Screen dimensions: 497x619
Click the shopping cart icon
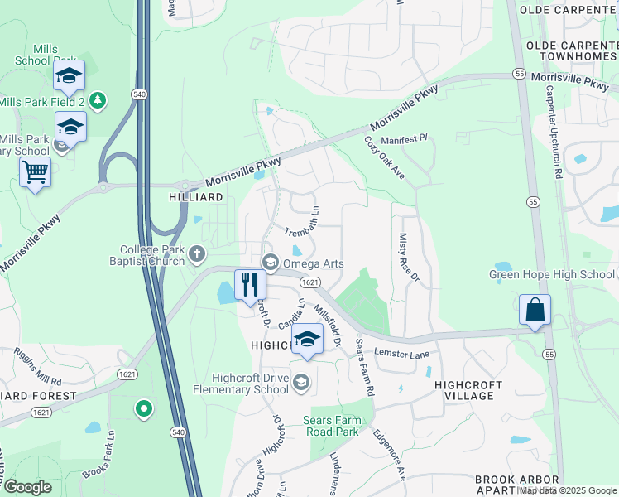point(35,172)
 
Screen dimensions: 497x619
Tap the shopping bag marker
point(535,310)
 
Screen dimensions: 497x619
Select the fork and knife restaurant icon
point(250,285)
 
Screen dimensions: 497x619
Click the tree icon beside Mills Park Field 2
point(98,100)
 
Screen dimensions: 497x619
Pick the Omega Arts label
point(314,263)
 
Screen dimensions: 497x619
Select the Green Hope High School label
point(552,274)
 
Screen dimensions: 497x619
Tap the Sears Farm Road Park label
point(330,426)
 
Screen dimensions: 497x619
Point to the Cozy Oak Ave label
point(385,158)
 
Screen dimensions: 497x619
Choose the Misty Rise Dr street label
point(410,258)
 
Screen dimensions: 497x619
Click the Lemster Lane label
point(403,355)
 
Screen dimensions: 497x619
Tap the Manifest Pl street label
point(404,141)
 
